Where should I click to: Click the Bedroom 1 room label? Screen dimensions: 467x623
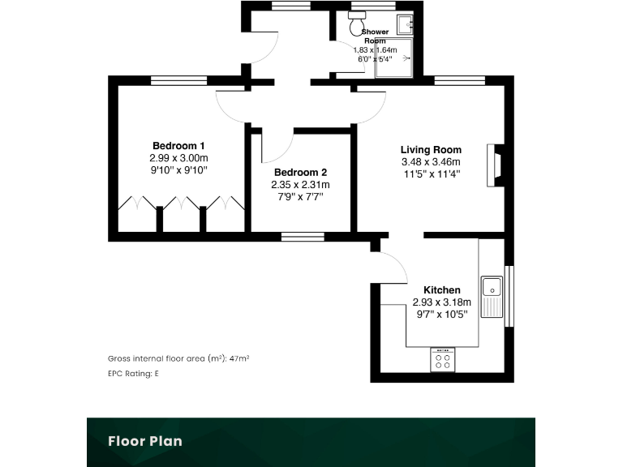[178, 146]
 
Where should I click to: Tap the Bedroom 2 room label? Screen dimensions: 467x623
[300, 172]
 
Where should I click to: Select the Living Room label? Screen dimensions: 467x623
[431, 149]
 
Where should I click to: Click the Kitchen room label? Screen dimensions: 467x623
[442, 289]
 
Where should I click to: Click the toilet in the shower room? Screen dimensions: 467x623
[356, 27]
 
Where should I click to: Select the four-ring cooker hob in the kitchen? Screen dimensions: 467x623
[443, 360]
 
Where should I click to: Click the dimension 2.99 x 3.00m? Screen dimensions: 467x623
[178, 158]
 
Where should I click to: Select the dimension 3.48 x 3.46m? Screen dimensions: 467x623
[431, 161]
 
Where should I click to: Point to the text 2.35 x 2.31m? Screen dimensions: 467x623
[300, 184]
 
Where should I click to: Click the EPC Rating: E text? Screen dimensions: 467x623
[133, 374]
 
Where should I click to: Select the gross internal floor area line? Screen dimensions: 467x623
[178, 358]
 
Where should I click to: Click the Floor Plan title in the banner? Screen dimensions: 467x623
[146, 441]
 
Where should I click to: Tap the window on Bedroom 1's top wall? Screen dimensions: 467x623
[178, 79]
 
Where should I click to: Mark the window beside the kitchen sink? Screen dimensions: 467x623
[509, 296]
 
